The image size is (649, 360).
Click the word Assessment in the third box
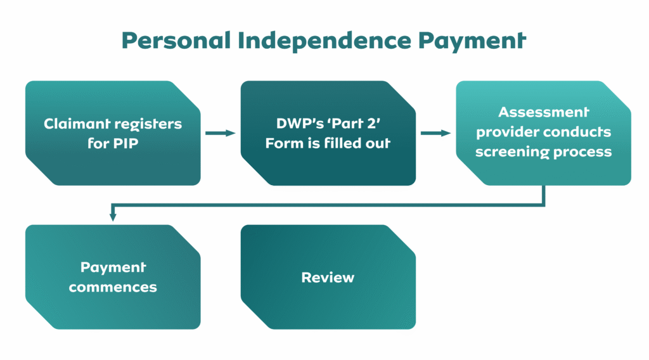pyautogui.click(x=544, y=112)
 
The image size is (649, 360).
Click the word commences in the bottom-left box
pyautogui.click(x=113, y=287)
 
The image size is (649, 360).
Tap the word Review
pyautogui.click(x=328, y=278)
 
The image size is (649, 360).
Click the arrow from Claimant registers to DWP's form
pyautogui.click(x=220, y=133)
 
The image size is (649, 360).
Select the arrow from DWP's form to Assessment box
pyautogui.click(x=435, y=133)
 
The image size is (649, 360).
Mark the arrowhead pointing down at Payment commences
pyautogui.click(x=113, y=217)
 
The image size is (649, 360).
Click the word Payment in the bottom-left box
pyautogui.click(x=113, y=267)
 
